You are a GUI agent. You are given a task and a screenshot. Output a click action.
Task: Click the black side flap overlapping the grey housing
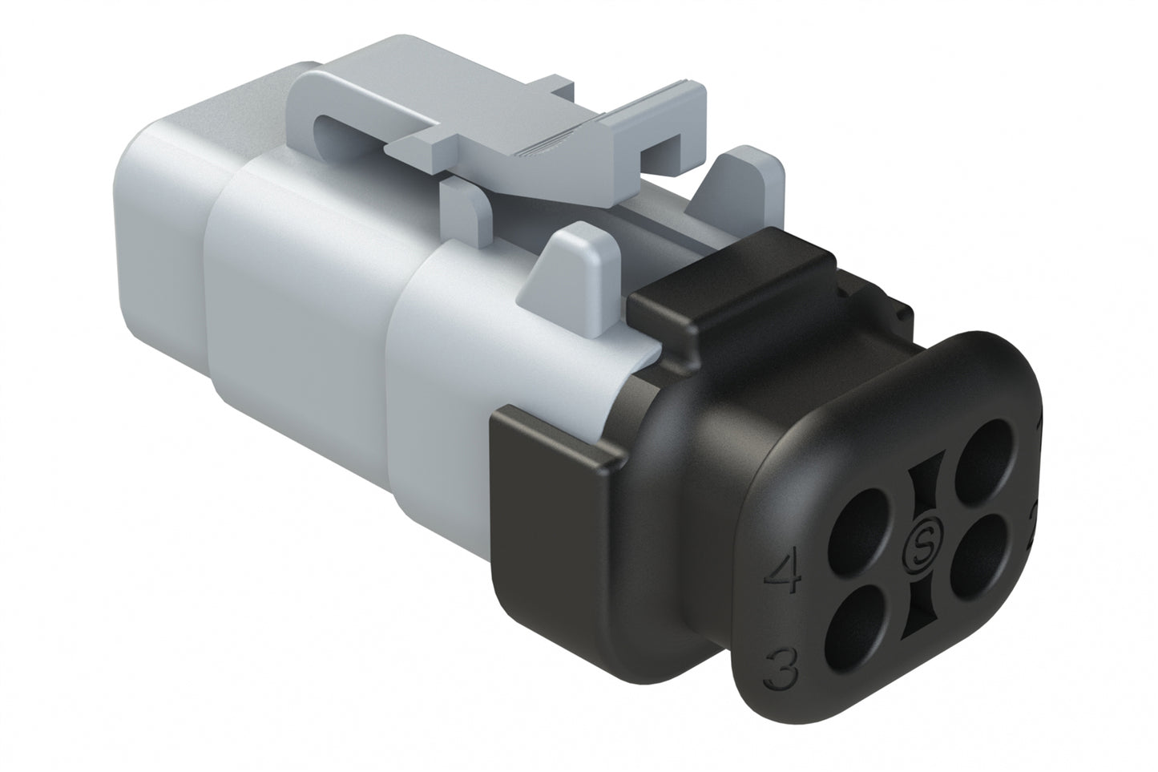tap(553, 457)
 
